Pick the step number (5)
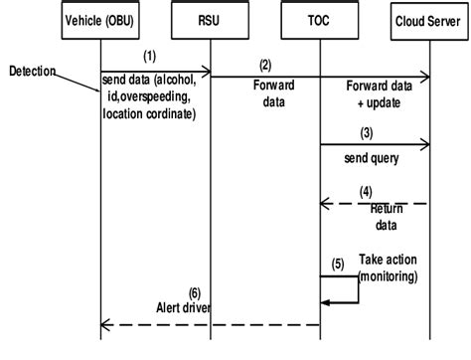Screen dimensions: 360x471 tap(339, 264)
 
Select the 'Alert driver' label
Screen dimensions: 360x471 tap(186, 307)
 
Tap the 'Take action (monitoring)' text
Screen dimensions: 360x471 tap(387, 267)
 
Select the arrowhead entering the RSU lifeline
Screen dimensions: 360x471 tap(206, 72)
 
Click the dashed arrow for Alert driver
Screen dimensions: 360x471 tap(210, 324)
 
